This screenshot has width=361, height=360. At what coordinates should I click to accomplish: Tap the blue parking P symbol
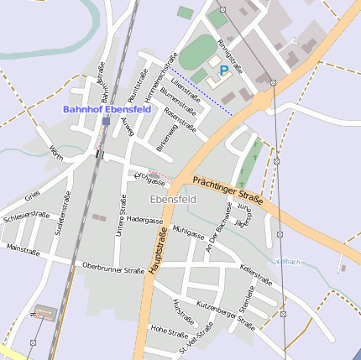coord(225,71)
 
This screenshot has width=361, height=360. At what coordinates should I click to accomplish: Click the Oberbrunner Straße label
coord(113,269)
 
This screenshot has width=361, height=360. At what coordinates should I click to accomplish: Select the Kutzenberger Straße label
coord(225,313)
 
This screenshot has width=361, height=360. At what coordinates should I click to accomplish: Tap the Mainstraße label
coord(23,248)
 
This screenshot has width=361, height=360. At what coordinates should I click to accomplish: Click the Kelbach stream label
coord(288,262)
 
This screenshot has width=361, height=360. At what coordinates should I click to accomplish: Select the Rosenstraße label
coord(180,118)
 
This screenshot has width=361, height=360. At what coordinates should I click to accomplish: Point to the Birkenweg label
coord(167,134)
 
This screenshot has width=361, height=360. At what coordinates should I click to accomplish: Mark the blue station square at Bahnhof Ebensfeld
coord(106,121)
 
